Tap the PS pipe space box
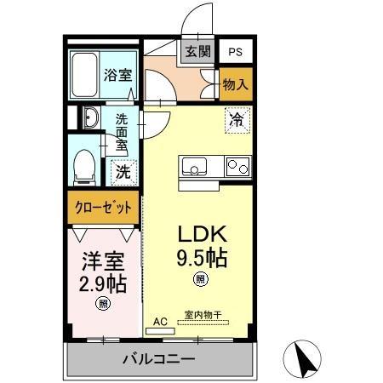pyautogui.click(x=234, y=51)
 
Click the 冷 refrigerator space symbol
pyautogui.click(x=237, y=120)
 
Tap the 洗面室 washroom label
pyautogui.click(x=122, y=132)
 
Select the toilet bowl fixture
pyautogui.click(x=85, y=166)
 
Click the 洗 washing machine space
pyautogui.click(x=123, y=171)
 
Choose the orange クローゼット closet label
pyautogui.click(x=101, y=207)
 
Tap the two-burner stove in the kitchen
pyautogui.click(x=237, y=167)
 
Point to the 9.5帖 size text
pyautogui.click(x=201, y=255)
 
